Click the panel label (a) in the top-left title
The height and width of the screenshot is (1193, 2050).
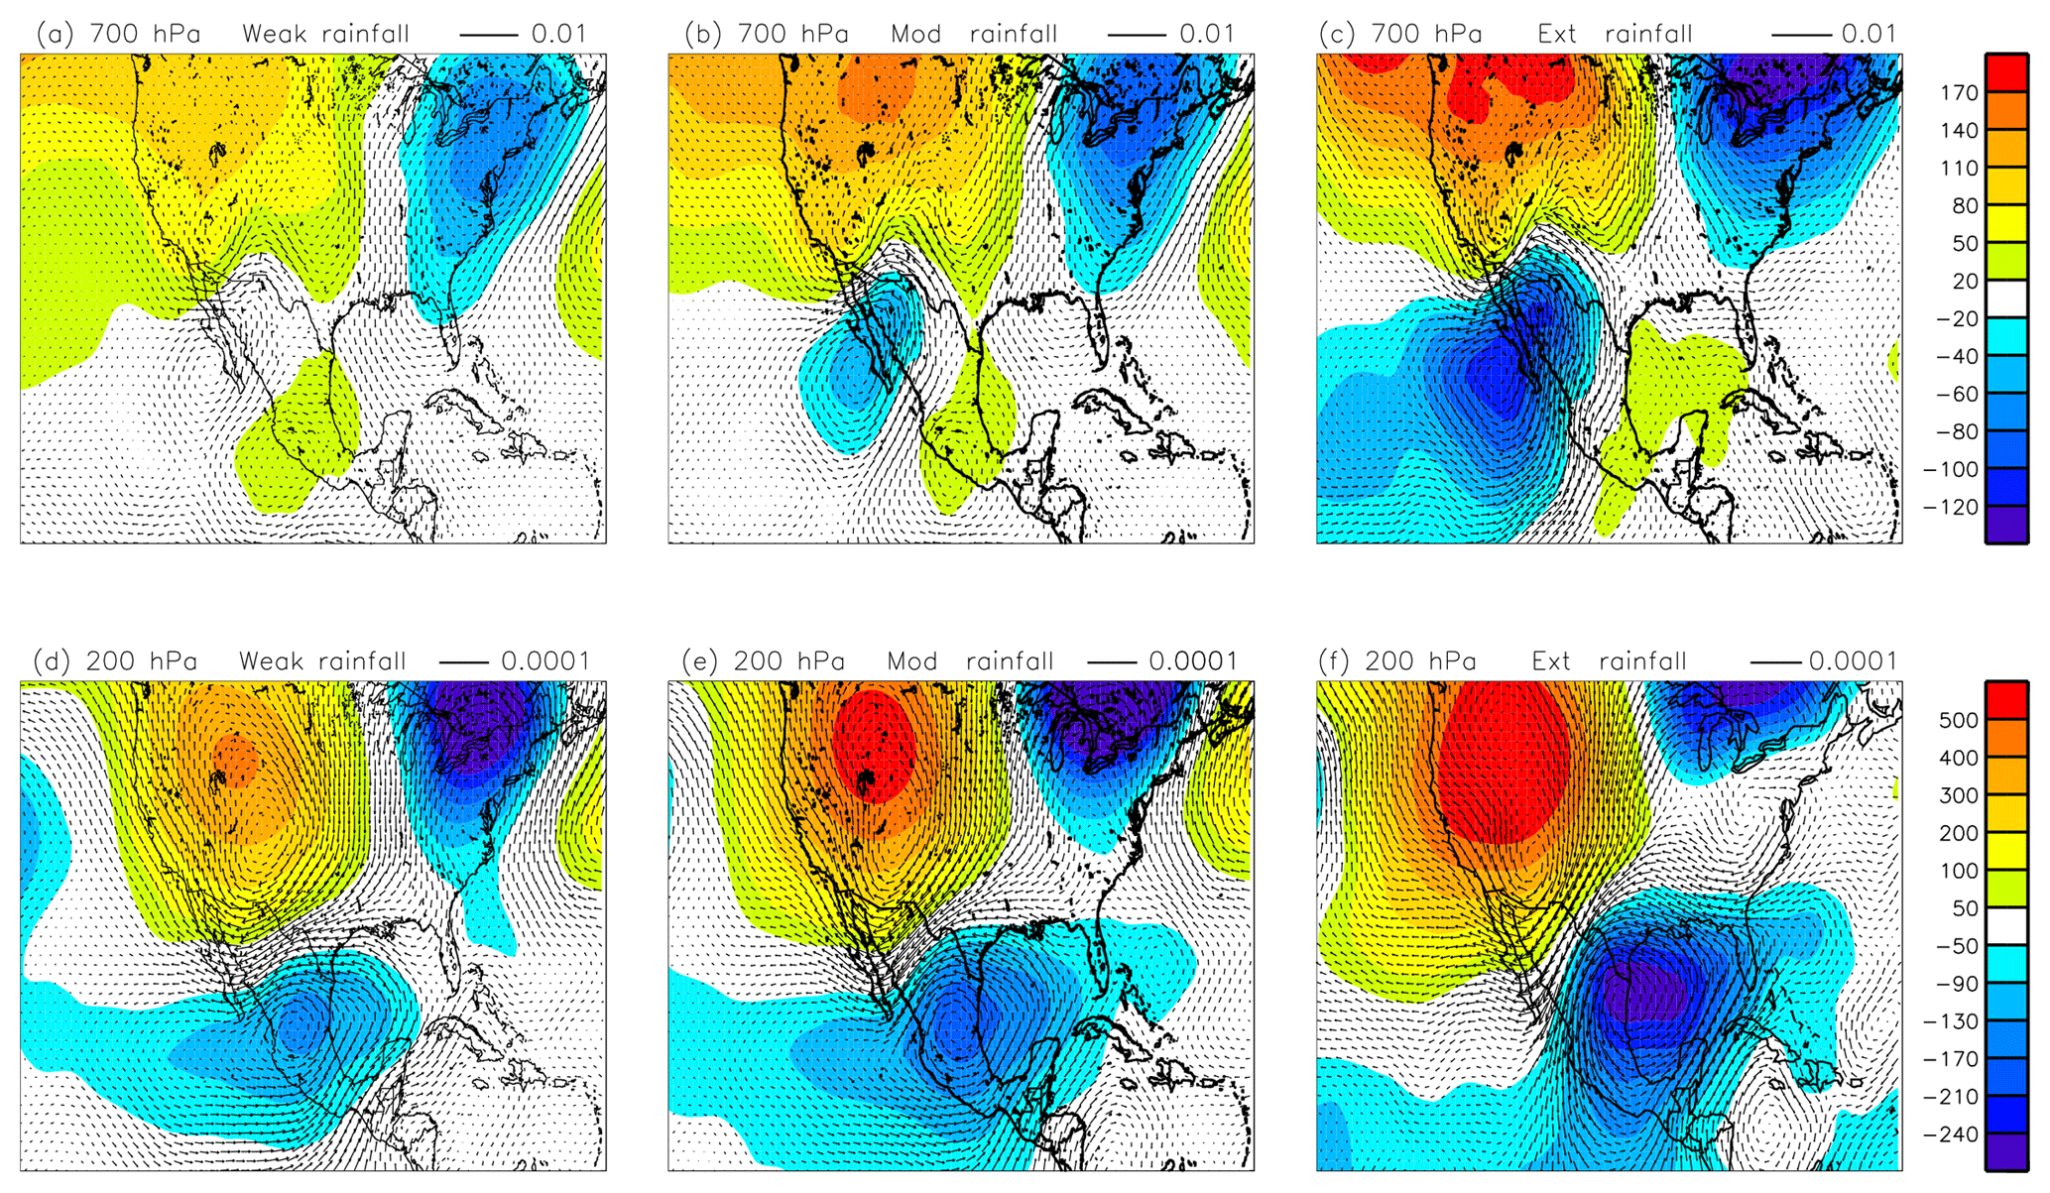[x=55, y=34]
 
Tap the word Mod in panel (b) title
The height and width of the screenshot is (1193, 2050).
[x=915, y=34]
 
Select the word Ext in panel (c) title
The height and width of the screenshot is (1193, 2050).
[x=1557, y=34]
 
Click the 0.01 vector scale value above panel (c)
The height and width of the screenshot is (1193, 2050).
[x=1869, y=34]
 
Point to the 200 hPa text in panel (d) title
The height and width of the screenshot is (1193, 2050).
[x=141, y=661]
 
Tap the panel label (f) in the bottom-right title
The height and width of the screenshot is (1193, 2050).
[x=1335, y=661]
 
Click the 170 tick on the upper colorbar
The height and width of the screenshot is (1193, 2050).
[x=1959, y=93]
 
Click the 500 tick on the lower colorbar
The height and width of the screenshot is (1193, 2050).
[x=1959, y=721]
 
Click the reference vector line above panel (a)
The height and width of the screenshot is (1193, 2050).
[x=488, y=35]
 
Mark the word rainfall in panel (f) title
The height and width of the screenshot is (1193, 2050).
[x=1642, y=661]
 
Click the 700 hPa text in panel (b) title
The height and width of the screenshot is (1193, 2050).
[x=792, y=34]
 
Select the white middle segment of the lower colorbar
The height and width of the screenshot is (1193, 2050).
[x=2005, y=927]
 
